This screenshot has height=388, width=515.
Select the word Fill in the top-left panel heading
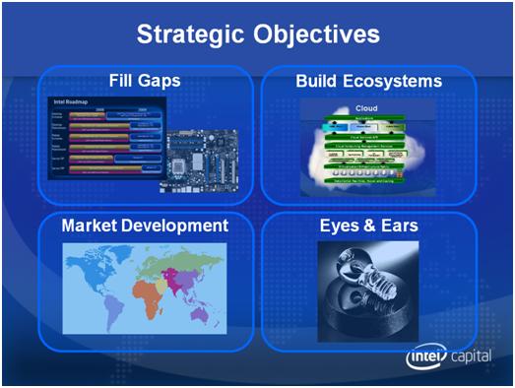tap(125, 80)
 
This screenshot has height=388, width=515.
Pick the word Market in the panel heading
tap(90, 226)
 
